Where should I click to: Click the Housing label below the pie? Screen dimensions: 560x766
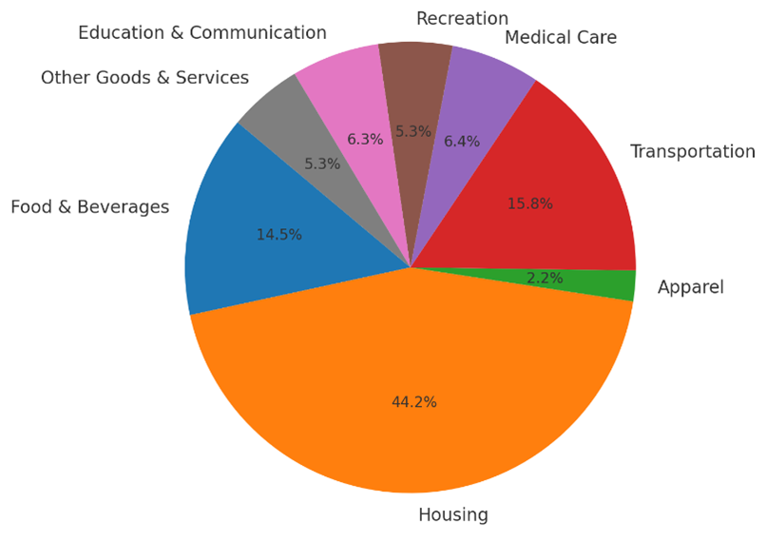point(453,515)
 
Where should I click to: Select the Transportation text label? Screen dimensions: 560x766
point(693,152)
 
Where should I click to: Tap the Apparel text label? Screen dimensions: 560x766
point(691,287)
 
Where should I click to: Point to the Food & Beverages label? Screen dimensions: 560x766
point(90,207)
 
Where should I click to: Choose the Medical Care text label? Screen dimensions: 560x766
point(561,38)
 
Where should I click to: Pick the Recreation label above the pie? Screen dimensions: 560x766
point(462,18)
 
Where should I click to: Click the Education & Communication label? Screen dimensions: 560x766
point(202,33)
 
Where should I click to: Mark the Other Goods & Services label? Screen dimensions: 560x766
point(144,78)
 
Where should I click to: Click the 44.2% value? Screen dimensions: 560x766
point(414,402)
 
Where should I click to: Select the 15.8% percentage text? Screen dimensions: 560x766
point(530,203)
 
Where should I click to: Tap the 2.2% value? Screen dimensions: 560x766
point(545,279)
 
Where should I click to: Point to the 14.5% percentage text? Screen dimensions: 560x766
point(279,234)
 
